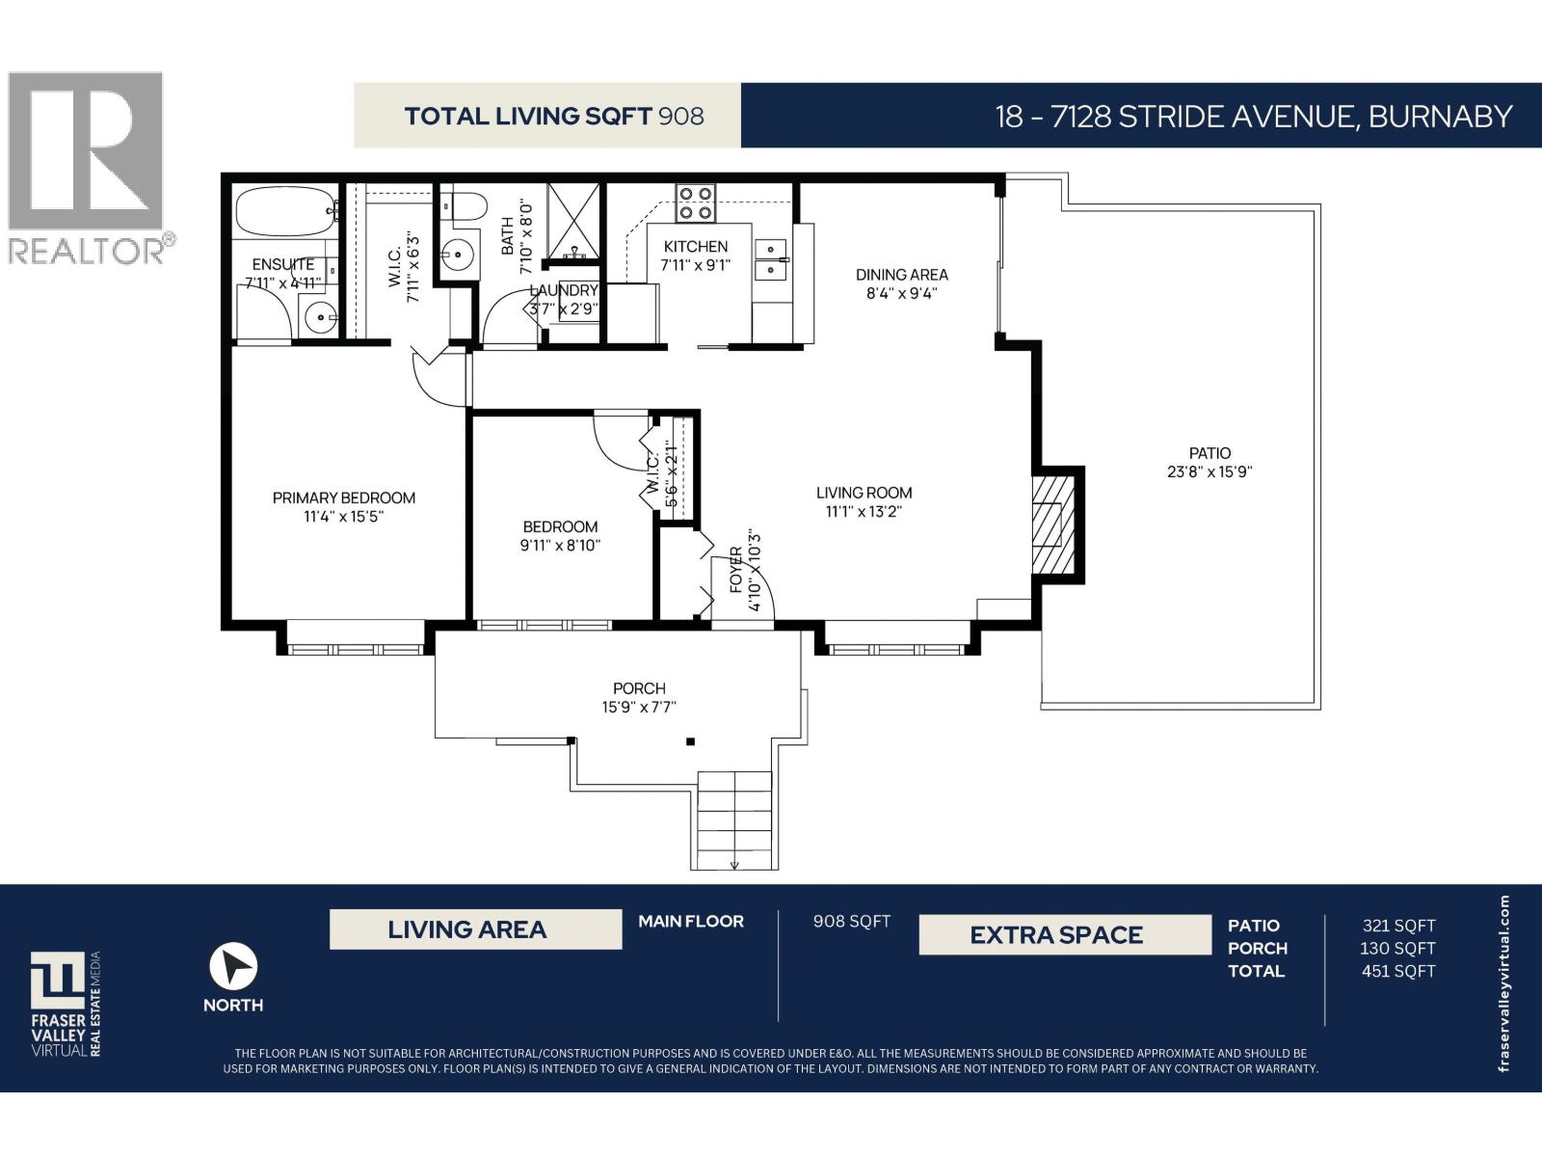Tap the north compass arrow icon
tap(233, 966)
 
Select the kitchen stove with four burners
tap(695, 202)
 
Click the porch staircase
tap(734, 819)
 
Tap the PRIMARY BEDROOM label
tap(344, 498)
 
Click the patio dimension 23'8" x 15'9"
tap(1210, 472)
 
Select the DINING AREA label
tap(901, 275)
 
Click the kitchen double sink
tap(770, 259)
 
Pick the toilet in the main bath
tap(466, 206)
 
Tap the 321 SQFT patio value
tap(1398, 926)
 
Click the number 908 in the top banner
tap(680, 117)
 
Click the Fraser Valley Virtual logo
tap(64, 1003)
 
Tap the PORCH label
tap(639, 688)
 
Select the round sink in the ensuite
tap(317, 315)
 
